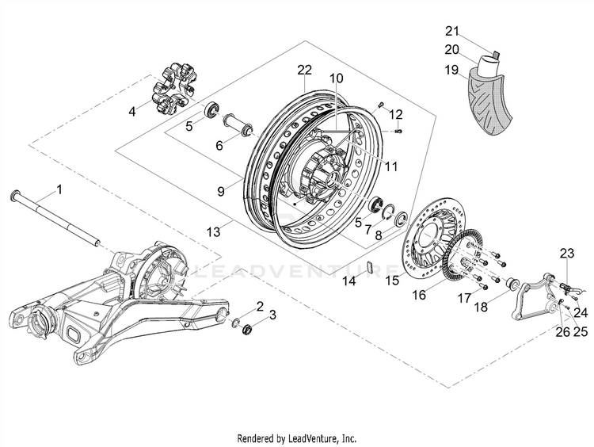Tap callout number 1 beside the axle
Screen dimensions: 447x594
58,189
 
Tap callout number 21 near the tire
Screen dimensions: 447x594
452,31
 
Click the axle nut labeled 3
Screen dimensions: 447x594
246,327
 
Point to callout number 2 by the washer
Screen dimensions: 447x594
260,307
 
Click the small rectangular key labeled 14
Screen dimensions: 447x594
369,265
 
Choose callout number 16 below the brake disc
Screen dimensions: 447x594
419,294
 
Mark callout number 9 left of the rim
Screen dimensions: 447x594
223,191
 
